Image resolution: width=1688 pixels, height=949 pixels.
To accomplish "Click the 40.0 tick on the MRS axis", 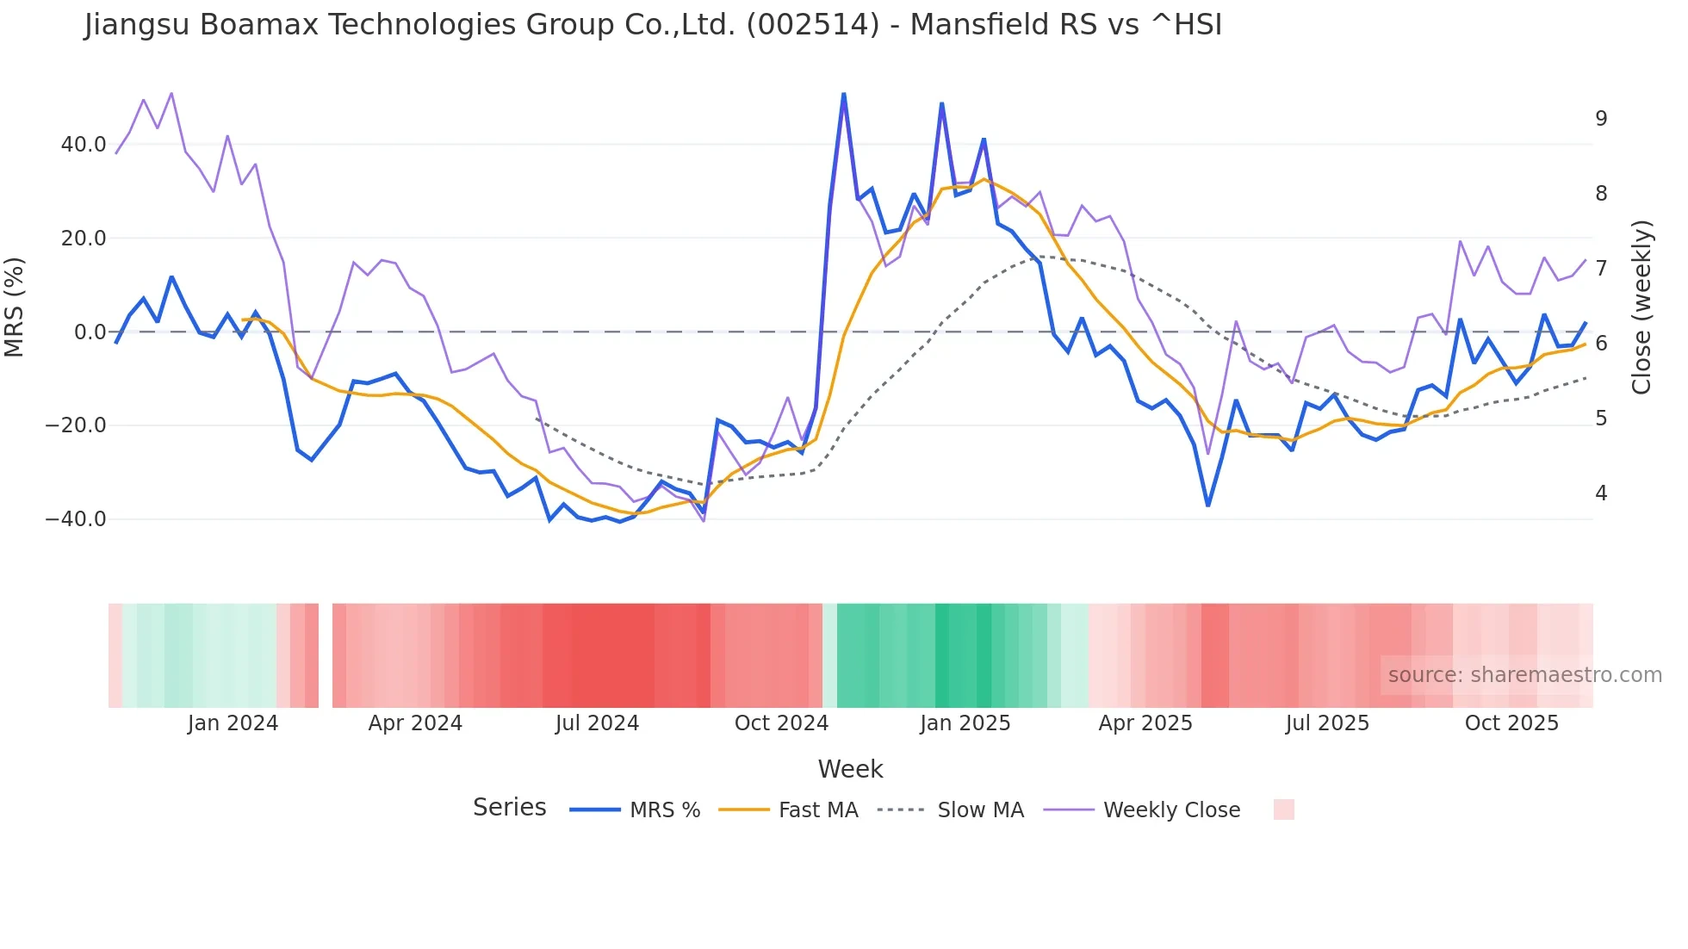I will [x=84, y=145].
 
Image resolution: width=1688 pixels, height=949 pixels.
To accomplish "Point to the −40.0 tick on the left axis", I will [x=76, y=519].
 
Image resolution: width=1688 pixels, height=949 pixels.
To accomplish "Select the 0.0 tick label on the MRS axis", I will [x=90, y=332].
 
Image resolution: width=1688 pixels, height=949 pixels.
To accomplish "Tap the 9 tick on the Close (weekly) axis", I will [x=1601, y=119].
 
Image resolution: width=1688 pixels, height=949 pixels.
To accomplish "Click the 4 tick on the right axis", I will [x=1601, y=493].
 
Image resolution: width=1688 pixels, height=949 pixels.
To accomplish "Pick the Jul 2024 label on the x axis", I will [x=597, y=723].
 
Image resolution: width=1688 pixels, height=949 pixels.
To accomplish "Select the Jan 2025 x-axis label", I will [x=965, y=723].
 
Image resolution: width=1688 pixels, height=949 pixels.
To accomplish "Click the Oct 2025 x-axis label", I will [x=1511, y=723].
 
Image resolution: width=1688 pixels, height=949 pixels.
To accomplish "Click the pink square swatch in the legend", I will [x=1283, y=809].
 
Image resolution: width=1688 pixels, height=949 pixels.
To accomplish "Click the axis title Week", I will [x=850, y=769].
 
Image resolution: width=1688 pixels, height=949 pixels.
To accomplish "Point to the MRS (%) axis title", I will [x=15, y=307].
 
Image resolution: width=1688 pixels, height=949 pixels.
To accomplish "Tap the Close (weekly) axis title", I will [x=1641, y=307].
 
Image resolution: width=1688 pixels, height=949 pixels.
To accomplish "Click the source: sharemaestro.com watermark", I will [x=1524, y=675].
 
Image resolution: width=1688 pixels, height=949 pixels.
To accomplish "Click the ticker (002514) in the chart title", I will [x=812, y=25].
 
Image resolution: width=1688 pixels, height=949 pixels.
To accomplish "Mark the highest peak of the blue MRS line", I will [x=844, y=94].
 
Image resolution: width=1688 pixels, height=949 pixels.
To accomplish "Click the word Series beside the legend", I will [x=509, y=808].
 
